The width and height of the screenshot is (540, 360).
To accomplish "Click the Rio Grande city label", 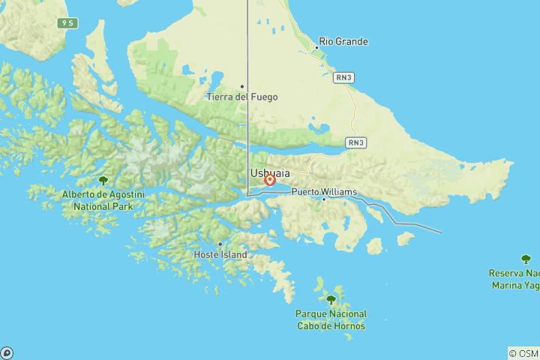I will pyautogui.click(x=343, y=42).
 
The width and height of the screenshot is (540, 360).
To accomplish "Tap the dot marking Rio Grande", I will pyautogui.click(x=316, y=47).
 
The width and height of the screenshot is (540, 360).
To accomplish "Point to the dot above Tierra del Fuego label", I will pyautogui.click(x=241, y=86).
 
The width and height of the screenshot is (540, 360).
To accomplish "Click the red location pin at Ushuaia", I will pyautogui.click(x=269, y=179).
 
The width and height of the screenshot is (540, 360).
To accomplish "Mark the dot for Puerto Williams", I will pyautogui.click(x=324, y=199).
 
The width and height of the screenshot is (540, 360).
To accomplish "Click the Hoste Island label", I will pyautogui.click(x=220, y=255).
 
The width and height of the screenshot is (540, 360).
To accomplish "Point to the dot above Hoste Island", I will pyautogui.click(x=220, y=244).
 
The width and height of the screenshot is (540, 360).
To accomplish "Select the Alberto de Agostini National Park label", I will pyautogui.click(x=103, y=200).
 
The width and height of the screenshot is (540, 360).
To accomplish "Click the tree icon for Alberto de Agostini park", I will pyautogui.click(x=103, y=181).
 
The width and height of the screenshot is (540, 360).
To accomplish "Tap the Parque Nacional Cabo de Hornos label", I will pyautogui.click(x=331, y=319).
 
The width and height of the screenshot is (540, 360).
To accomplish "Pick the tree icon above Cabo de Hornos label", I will pyautogui.click(x=331, y=300).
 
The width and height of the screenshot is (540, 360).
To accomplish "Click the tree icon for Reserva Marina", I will pyautogui.click(x=526, y=259).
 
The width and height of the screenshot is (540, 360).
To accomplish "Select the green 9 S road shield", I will pyautogui.click(x=68, y=23).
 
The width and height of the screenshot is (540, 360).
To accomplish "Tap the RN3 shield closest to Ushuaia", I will pyautogui.click(x=355, y=142).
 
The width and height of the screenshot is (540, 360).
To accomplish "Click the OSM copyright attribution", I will pyautogui.click(x=523, y=353).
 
